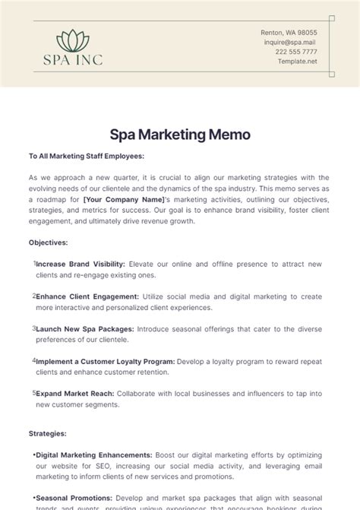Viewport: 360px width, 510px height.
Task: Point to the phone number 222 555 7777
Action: (296, 52)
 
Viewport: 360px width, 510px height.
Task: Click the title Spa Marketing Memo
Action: (180, 135)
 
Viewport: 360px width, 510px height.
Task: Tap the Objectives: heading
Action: (49, 243)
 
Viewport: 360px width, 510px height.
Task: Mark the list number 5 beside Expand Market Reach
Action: (34, 393)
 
